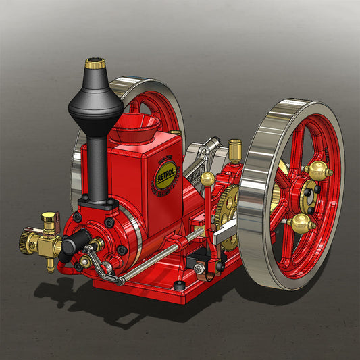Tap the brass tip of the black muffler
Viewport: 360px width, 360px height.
pyautogui.click(x=95, y=65)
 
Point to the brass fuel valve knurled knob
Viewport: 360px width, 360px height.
pyautogui.click(x=48, y=218)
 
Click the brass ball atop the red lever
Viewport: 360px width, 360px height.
pyautogui.click(x=208, y=179)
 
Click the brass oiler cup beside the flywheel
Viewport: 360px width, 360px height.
pyautogui.click(x=235, y=148)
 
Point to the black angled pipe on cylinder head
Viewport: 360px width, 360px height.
pyautogui.click(x=75, y=239)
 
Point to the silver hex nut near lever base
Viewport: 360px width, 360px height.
pyautogui.click(x=200, y=269)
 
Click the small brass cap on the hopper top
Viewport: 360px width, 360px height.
pyautogui.click(x=176, y=134)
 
